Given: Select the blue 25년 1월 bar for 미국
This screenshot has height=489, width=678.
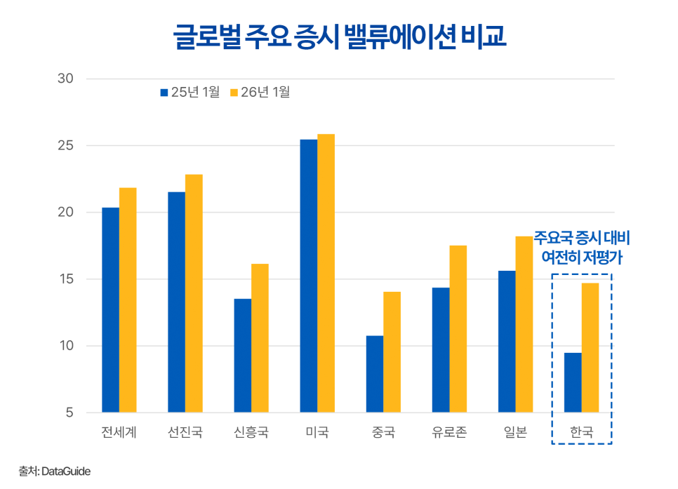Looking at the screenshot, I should click(x=308, y=276).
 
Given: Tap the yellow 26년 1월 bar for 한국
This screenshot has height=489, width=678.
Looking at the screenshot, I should click(x=590, y=347).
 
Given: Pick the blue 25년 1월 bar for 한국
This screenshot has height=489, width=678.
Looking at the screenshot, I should click(x=573, y=382).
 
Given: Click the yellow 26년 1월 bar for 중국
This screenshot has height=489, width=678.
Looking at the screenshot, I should click(x=392, y=351).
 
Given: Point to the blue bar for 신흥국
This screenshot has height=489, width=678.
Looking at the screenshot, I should click(x=242, y=356).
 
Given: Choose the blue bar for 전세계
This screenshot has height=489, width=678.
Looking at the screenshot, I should click(x=110, y=309).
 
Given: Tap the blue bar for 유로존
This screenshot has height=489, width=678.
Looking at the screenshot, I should click(x=441, y=350).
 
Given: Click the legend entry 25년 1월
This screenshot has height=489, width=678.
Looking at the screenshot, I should click(x=190, y=92).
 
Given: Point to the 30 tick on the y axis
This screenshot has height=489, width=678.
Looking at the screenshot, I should click(x=65, y=79).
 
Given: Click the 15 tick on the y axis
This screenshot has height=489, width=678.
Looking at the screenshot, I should click(x=65, y=279).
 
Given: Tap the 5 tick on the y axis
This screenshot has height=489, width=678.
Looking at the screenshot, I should click(x=69, y=413).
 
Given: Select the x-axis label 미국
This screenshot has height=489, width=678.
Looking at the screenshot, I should click(x=317, y=432).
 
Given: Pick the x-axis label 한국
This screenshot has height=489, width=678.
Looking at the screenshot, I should click(x=581, y=432).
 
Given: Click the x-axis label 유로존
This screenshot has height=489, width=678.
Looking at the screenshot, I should click(x=449, y=432).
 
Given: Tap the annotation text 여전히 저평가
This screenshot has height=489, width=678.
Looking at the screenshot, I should click(x=582, y=257).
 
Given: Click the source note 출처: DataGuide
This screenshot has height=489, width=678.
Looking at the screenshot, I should click(x=55, y=471).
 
